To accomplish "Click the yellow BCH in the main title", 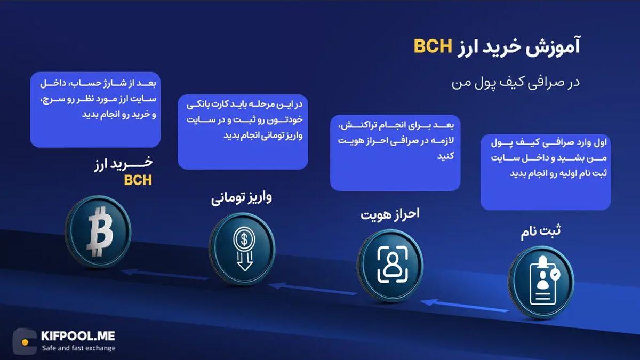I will [x=433, y=46].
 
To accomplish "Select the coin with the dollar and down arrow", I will [x=243, y=249].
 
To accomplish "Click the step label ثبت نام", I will [x=541, y=233].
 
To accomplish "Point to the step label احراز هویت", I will [x=390, y=214].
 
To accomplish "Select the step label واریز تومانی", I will [x=242, y=198].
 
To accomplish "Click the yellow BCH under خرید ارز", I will [x=138, y=180].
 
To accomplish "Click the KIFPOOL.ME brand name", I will [x=78, y=336].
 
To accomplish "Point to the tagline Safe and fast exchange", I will [x=78, y=348].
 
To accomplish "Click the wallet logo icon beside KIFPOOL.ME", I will [x=25, y=341].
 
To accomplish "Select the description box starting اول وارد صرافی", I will [x=545, y=172].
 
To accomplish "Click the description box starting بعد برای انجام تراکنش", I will [x=395, y=153].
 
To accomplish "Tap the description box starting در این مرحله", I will [x=243, y=132].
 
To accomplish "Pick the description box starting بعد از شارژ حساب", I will [x=95, y=110].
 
